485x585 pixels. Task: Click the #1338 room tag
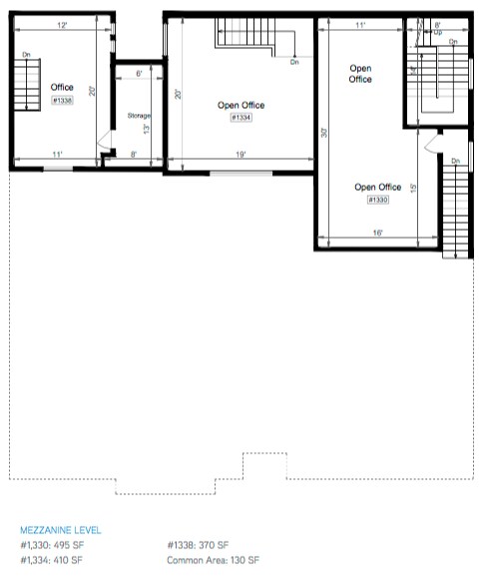62,101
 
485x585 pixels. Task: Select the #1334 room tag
241,118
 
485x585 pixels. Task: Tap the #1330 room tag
377,200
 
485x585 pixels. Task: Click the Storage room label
139,116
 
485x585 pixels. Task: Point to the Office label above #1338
62,88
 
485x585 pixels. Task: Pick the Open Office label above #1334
241,105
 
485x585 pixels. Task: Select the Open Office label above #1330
377,187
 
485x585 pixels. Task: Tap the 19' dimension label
241,154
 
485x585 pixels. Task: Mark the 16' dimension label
378,232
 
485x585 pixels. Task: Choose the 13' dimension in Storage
147,129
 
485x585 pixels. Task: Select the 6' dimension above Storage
139,74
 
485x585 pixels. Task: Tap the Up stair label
437,32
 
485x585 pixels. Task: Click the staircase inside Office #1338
26,85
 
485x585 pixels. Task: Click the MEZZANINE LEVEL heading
60,530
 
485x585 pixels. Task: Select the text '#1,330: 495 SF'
52,545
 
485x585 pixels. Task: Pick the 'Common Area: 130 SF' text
213,560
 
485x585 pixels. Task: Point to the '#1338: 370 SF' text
198,545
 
